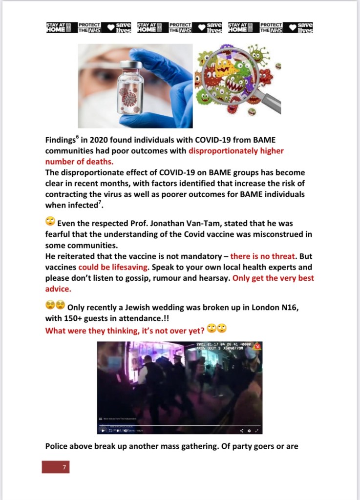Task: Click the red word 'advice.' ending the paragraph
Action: [x=58, y=290]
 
